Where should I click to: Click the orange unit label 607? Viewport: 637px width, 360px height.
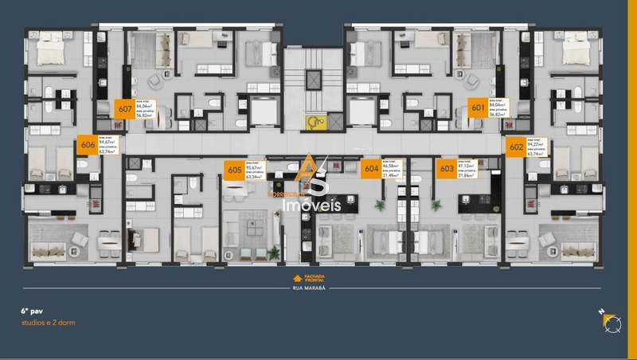click(124, 110)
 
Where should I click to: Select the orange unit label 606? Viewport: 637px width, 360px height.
click(88, 145)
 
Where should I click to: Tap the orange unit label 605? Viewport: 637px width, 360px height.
click(234, 169)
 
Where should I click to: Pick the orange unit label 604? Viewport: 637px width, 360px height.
click(371, 168)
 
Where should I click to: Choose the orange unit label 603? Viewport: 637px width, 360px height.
click(447, 168)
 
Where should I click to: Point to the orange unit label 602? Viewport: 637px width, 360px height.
click(516, 146)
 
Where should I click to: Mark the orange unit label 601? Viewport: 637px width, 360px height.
click(478, 108)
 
